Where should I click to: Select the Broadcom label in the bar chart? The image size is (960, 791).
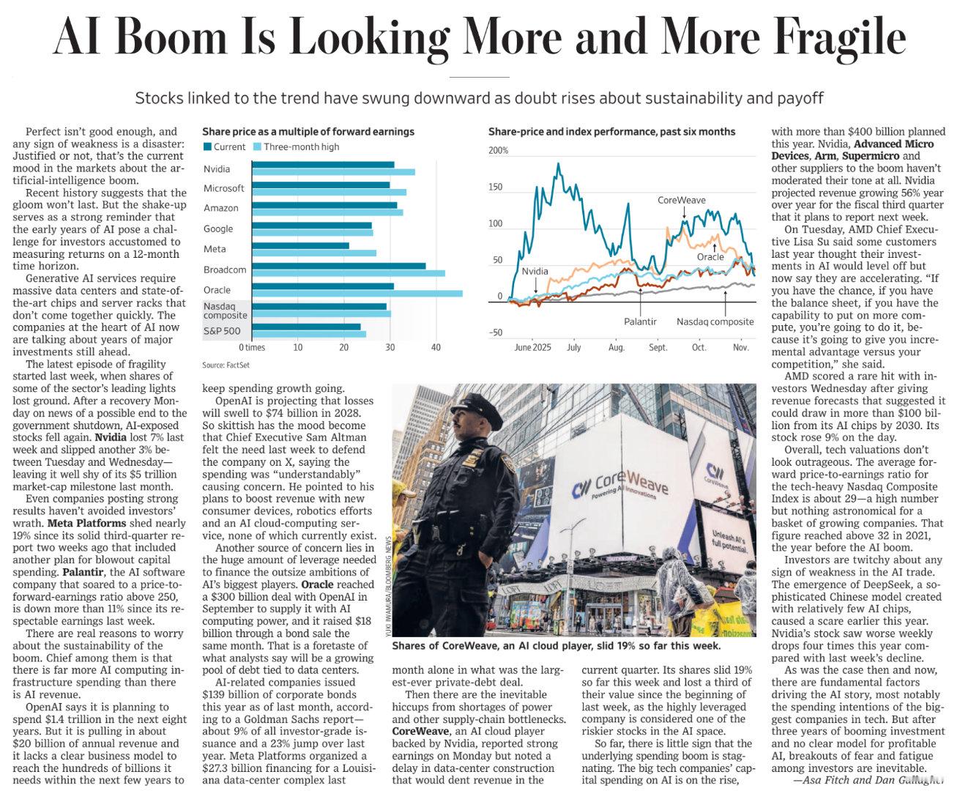tap(225, 270)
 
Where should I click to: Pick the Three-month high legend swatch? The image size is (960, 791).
tap(257, 147)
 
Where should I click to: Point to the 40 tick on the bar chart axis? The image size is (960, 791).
tap(436, 347)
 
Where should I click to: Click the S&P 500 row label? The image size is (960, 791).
tap(221, 331)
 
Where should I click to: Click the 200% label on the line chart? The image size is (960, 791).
tap(498, 151)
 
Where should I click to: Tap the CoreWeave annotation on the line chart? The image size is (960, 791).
tap(681, 200)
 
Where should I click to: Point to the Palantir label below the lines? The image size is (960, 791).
tap(640, 322)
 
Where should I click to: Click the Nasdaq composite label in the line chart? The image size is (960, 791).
tap(715, 322)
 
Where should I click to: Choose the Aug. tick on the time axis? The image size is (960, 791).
tap(617, 347)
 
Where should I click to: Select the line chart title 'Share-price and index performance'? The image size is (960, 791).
tap(611, 132)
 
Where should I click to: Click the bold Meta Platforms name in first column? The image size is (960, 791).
tap(86, 523)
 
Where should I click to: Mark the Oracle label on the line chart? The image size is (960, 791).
tap(710, 257)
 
